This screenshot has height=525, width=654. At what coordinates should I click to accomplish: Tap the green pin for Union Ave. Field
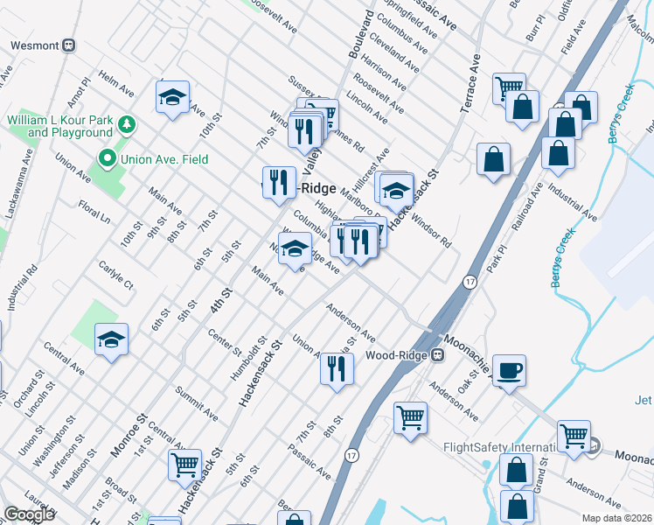pyautogui.click(x=108, y=158)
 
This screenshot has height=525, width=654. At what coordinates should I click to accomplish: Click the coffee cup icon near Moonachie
pyautogui.click(x=508, y=370)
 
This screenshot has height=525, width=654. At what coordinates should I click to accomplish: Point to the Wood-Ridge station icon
pyautogui.click(x=439, y=355)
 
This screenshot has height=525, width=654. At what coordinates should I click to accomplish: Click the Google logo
pyautogui.click(x=29, y=514)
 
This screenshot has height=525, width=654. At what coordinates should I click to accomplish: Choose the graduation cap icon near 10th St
pyautogui.click(x=173, y=96)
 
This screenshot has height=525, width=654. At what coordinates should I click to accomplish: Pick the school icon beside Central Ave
pyautogui.click(x=111, y=339)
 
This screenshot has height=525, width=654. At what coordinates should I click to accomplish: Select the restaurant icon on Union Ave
pyautogui.click(x=337, y=367)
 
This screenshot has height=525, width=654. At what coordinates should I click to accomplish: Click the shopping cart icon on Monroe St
pyautogui.click(x=184, y=465)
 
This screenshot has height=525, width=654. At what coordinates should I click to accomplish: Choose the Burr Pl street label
pyautogui.click(x=535, y=32)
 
